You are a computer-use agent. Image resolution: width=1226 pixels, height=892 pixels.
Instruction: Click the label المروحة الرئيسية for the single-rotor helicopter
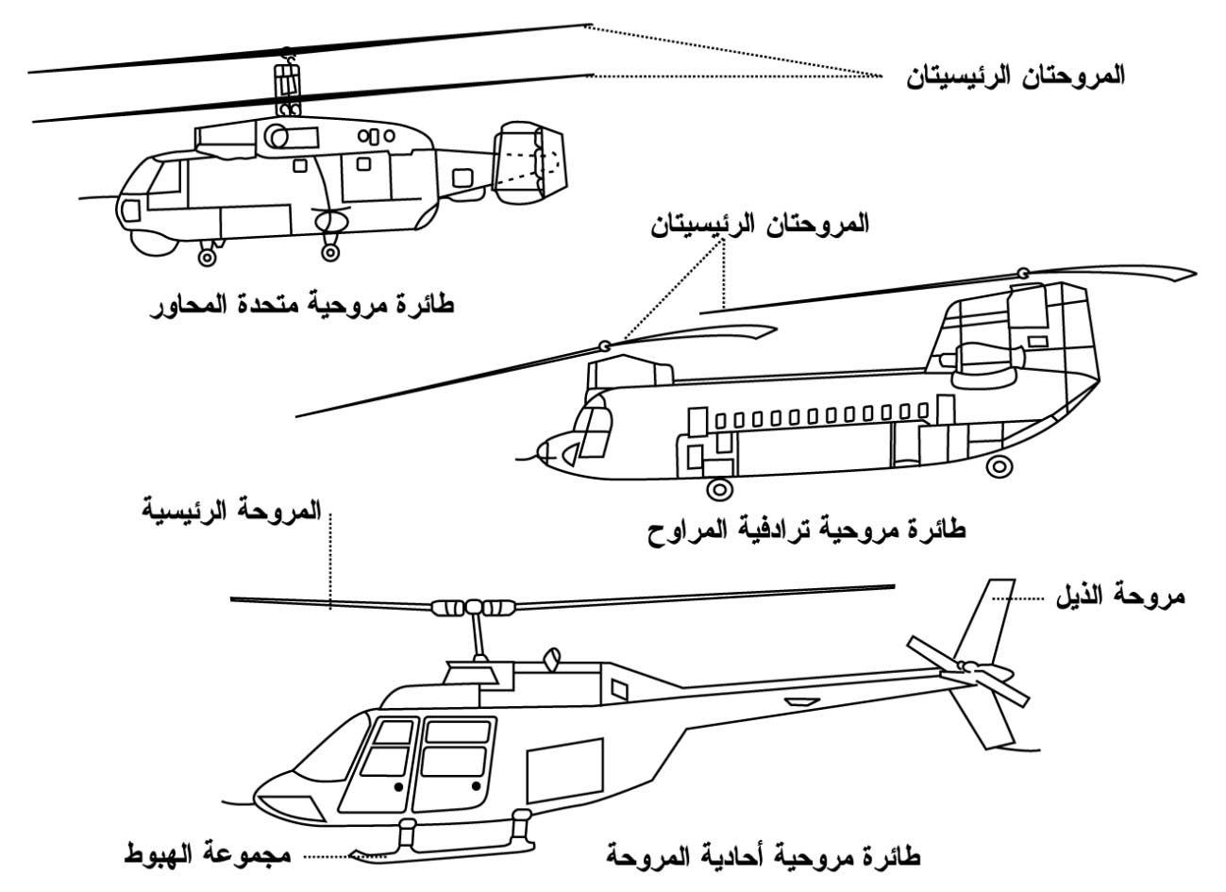pyautogui.click(x=231, y=513)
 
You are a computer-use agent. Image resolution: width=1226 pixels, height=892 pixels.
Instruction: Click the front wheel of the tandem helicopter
pyautogui.click(x=719, y=489)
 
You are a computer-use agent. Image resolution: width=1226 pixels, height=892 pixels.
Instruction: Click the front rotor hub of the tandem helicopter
pyautogui.click(x=604, y=346)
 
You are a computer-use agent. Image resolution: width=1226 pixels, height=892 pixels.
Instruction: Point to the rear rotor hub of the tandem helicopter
pyautogui.click(x=1022, y=274)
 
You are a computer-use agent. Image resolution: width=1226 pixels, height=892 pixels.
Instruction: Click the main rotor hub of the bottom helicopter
pyautogui.click(x=471, y=607)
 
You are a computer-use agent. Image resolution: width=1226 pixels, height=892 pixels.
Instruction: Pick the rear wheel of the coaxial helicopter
pyautogui.click(x=330, y=252)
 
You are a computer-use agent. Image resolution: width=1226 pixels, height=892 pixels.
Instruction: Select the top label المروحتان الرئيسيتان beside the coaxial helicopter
pyautogui.click(x=1014, y=76)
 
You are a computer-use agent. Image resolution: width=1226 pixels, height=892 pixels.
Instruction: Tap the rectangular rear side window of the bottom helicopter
pyautogui.click(x=564, y=769)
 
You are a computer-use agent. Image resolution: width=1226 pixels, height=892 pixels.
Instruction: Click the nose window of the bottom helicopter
pyautogui.click(x=290, y=808)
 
